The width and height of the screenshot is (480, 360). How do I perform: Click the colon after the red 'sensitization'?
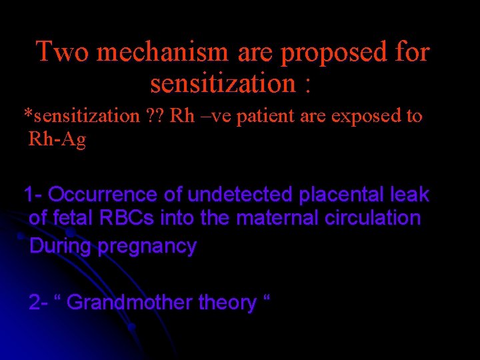point(307,85)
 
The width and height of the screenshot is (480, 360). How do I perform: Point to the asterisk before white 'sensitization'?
point(27,114)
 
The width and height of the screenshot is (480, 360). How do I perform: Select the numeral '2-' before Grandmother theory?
point(38,303)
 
